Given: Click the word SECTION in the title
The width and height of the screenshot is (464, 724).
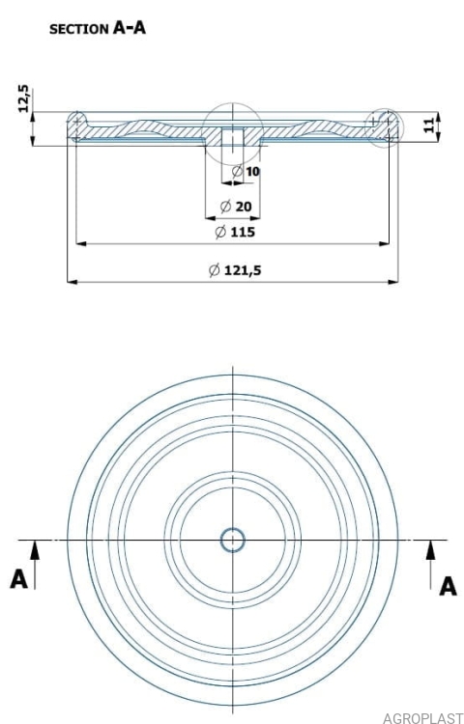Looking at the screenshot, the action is [78, 29].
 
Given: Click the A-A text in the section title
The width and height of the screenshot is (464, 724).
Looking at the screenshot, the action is [130, 28].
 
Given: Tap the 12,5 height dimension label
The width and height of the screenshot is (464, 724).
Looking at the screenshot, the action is [23, 98].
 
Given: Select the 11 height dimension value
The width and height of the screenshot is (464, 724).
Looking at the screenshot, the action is [430, 125].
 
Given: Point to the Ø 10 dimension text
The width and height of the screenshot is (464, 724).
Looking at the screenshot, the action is [246, 172].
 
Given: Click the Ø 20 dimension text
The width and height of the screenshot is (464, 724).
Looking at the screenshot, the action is [236, 207].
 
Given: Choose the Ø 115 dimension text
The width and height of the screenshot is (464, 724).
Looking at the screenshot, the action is [235, 232].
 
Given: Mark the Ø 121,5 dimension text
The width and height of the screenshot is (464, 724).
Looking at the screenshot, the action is [235, 270].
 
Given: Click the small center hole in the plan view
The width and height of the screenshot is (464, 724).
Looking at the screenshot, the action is [232, 540].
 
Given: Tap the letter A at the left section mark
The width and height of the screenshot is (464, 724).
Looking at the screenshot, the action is [18, 579].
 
